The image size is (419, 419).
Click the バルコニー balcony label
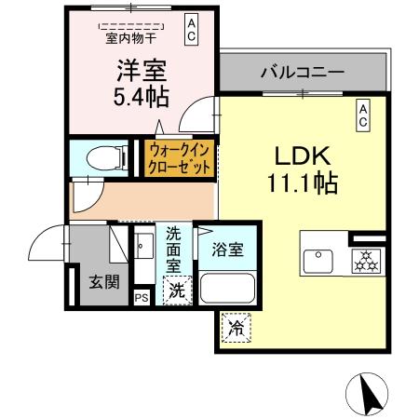(303, 71)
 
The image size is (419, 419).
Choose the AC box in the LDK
(364, 115)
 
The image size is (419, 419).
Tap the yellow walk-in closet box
(179, 157)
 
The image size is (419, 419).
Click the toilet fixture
(97, 158)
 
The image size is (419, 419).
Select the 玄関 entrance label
(103, 282)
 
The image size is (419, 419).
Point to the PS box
(141, 298)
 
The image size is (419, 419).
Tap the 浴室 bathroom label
(227, 250)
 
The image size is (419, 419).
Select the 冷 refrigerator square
(237, 329)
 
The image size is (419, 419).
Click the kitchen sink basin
(318, 258)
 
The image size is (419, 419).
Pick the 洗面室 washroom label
(175, 249)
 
